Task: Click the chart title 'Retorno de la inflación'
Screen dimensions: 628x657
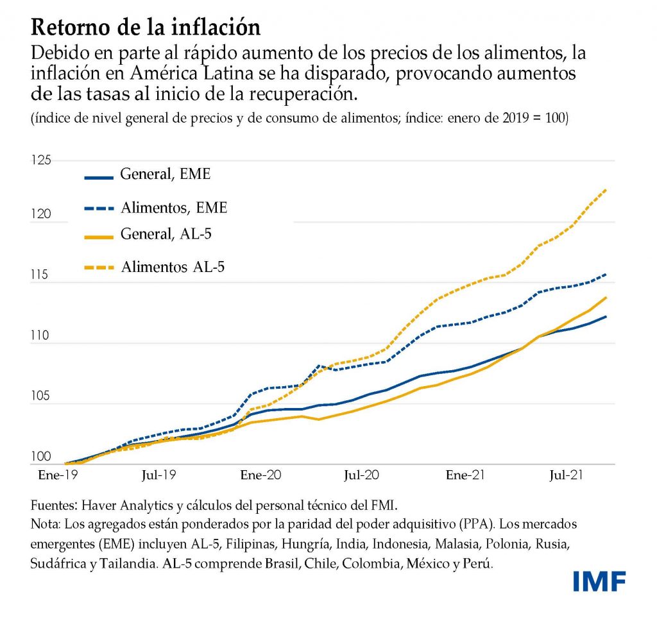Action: (x=146, y=26)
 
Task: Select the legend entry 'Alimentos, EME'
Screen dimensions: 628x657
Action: (x=174, y=207)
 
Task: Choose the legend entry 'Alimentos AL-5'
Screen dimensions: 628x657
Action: (x=173, y=266)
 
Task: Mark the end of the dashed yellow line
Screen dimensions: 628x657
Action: (x=606, y=190)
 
